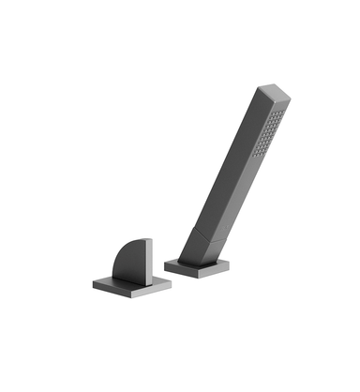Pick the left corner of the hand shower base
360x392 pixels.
pyautogui.click(x=165, y=264)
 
